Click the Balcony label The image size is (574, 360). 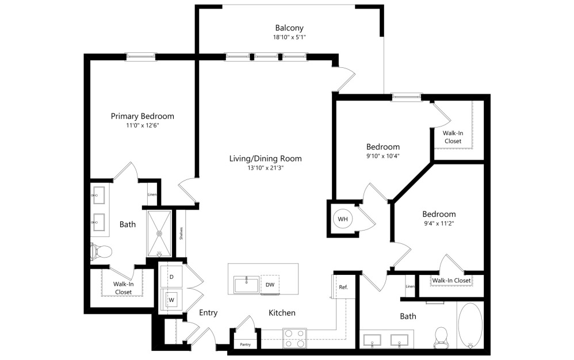tap(289, 28)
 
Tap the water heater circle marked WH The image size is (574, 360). tap(343, 219)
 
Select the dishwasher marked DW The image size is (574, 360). tap(269, 285)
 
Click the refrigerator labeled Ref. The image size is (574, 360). tap(343, 287)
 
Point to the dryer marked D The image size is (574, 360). tap(171, 277)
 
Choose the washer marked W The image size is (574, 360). tap(171, 300)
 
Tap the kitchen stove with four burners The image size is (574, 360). tap(294, 338)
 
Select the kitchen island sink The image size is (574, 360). tap(247, 285)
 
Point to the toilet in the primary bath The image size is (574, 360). tap(102, 251)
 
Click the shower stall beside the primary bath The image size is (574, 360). tap(159, 233)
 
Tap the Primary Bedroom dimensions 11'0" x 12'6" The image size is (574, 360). tap(142, 125)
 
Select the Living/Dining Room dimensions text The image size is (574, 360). tap(265, 168)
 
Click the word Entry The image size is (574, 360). tap(208, 313)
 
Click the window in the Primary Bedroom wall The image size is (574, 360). tap(141, 57)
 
